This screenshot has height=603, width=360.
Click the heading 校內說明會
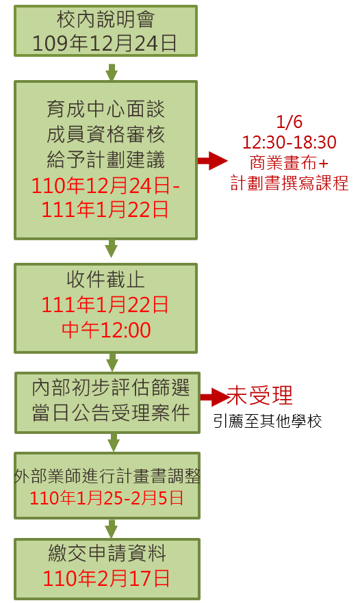click(x=106, y=19)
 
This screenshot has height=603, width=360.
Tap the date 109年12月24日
click(x=105, y=43)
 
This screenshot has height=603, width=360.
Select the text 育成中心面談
click(x=106, y=110)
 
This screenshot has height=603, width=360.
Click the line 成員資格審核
click(x=106, y=134)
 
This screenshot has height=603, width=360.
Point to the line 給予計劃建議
click(x=106, y=159)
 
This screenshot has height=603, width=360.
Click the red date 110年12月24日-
click(x=105, y=185)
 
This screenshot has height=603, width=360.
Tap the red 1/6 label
click(x=290, y=122)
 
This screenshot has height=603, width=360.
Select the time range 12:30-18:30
click(x=290, y=142)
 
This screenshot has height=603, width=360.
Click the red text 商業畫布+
click(x=290, y=163)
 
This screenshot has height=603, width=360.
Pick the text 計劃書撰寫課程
click(x=290, y=183)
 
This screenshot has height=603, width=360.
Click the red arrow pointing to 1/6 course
click(x=213, y=160)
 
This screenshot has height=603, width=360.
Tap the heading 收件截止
click(x=106, y=279)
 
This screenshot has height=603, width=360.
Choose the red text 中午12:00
click(x=106, y=330)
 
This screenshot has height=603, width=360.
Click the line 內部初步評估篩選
click(x=111, y=387)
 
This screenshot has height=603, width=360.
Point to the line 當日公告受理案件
click(x=111, y=413)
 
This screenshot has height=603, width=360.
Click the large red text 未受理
click(x=259, y=396)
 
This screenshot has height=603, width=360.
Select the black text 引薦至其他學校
click(x=268, y=421)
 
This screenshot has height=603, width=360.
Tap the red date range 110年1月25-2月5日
click(x=107, y=498)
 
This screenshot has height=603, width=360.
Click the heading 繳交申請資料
click(x=107, y=554)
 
